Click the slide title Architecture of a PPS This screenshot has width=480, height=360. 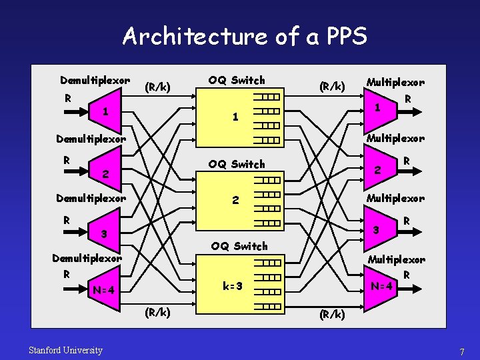245,36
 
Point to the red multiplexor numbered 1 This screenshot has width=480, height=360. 378,107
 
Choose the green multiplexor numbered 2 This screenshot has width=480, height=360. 378,169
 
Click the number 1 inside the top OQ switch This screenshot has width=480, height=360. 234,117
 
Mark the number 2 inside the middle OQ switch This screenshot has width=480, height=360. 234,200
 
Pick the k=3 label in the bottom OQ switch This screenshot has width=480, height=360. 233,286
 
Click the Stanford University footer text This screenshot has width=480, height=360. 65,350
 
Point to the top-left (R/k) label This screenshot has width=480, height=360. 158,87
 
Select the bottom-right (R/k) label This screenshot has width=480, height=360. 332,314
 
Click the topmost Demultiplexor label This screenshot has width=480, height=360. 95,81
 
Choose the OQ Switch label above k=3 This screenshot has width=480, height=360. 239,246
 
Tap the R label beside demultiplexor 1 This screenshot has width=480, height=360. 67,97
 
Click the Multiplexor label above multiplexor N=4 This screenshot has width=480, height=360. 396,259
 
